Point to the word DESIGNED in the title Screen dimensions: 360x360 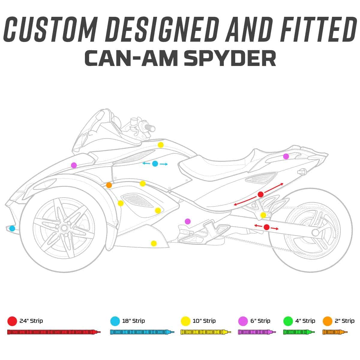pyautogui.click(x=162, y=29)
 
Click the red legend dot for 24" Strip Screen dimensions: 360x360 pyautogui.click(x=12, y=321)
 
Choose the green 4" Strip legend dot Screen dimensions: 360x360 pyautogui.click(x=288, y=321)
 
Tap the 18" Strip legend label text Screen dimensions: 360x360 pyautogui.click(x=133, y=321)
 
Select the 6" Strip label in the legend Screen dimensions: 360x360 pyautogui.click(x=260, y=321)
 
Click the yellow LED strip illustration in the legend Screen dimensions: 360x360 pyautogui.click(x=206, y=332)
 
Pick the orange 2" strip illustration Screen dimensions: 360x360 pyautogui.click(x=335, y=332)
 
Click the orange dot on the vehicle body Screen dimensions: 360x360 pyautogui.click(x=109, y=185)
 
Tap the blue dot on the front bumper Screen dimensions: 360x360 pyautogui.click(x=12, y=228)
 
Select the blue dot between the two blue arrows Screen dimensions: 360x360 pyautogui.click(x=155, y=164)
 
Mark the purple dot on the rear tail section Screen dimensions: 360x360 pyautogui.click(x=286, y=156)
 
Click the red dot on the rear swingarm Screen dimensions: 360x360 pyautogui.click(x=267, y=227)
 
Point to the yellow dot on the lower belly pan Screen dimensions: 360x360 pyautogui.click(x=154, y=243)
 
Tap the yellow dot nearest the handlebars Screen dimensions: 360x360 pyautogui.click(x=161, y=145)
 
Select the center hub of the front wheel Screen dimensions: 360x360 pyautogui.click(x=64, y=228)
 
